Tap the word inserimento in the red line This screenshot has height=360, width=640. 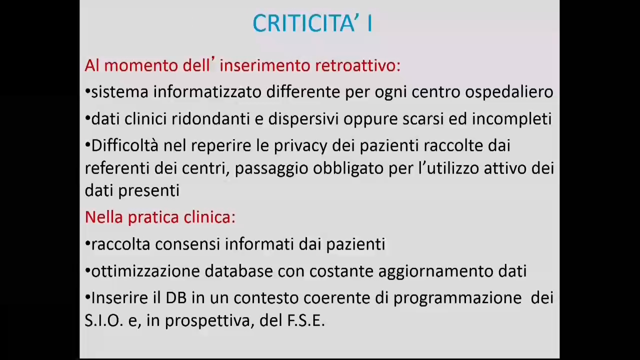pyautogui.click(x=265, y=65)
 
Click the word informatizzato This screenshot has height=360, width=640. pyautogui.click(x=207, y=92)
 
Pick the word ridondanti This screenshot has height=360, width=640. pyautogui.click(x=211, y=119)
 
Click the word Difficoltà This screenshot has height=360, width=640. pyautogui.click(x=125, y=145)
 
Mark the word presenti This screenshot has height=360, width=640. pyautogui.click(x=149, y=191)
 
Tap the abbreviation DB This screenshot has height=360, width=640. pyautogui.click(x=176, y=297)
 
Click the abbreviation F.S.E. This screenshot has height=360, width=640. pyautogui.click(x=306, y=320)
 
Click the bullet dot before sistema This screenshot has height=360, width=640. pyautogui.click(x=87, y=92)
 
